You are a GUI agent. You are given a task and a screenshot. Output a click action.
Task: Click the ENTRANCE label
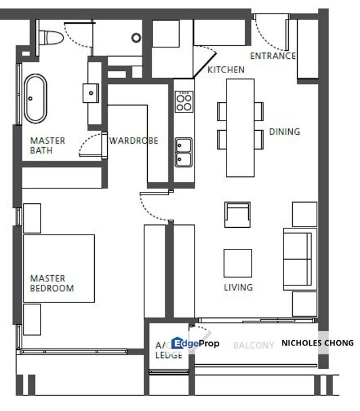tap(273, 56)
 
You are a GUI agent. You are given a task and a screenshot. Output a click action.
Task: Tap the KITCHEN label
tap(226, 70)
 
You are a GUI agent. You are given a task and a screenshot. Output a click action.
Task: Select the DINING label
tap(285, 132)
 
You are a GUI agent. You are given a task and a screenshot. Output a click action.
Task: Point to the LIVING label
tap(238, 287)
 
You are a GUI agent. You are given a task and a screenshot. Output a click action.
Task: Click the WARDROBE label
tap(134, 141)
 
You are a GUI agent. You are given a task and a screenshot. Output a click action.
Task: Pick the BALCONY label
tap(254, 345)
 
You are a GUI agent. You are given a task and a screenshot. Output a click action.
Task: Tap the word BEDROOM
tap(52, 288)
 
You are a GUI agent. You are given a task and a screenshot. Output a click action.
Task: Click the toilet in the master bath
tap(51, 38)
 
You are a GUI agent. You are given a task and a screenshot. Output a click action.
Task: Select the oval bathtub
tap(35, 99)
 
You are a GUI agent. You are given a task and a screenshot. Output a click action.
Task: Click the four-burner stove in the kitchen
tap(184, 102)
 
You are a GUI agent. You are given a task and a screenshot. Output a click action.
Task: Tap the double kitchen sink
tap(184, 152)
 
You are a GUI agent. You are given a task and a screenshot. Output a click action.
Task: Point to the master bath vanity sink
tap(91, 93)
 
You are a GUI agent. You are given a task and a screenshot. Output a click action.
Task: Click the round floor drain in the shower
tap(136, 38)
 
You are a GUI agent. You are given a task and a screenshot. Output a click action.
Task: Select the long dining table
tap(240, 128)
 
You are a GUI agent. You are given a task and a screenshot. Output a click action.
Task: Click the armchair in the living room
tap(237, 215)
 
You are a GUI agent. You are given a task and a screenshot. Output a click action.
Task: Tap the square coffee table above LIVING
tap(238, 263)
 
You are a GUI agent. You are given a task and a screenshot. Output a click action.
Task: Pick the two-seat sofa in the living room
tap(300, 259)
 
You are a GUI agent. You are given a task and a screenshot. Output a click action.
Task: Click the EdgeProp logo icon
tap(177, 343)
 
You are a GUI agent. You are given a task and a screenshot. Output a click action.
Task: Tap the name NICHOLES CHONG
tap(318, 343)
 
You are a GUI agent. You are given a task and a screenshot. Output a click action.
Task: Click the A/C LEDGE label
tap(169, 350)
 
